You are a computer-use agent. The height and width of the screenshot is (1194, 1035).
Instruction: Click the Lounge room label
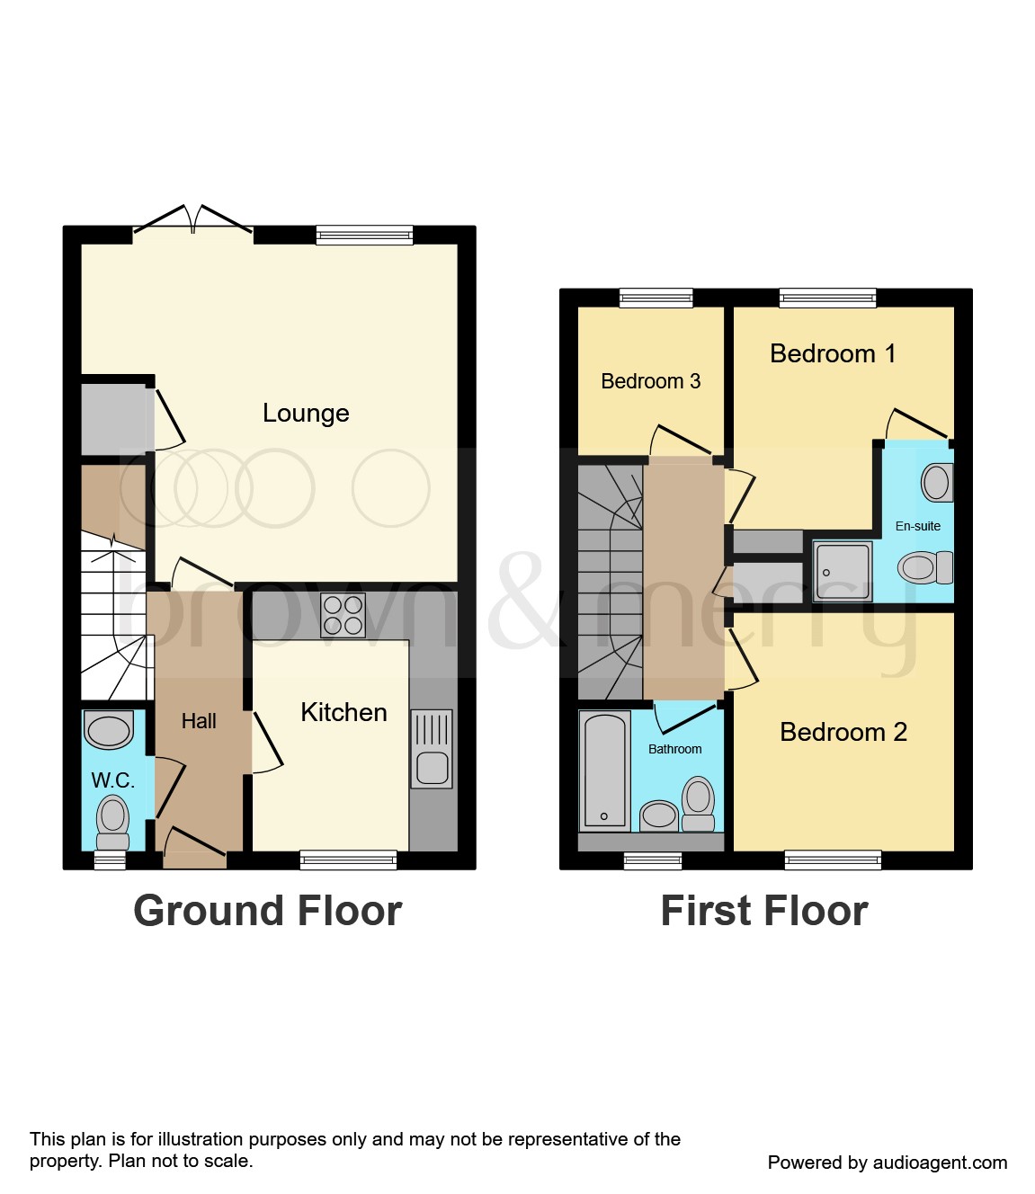pos(306,413)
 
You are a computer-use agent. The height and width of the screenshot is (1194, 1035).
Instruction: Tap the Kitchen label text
pos(344,712)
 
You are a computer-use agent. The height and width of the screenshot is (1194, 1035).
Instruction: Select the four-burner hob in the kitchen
pos(343,616)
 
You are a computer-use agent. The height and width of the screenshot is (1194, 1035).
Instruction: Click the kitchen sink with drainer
pos(432,749)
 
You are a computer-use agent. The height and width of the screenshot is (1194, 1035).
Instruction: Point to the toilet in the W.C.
pos(112,822)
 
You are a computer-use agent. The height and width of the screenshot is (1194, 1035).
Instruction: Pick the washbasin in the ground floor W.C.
pos(109,729)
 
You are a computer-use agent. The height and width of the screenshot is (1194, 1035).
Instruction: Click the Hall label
pos(199,721)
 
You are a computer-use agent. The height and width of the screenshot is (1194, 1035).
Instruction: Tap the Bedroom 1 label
pos(833,353)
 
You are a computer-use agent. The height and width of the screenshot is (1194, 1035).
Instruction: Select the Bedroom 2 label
pos(843,732)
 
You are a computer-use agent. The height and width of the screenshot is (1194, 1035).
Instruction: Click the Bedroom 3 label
pos(650,381)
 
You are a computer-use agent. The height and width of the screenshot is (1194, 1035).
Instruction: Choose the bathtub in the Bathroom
pos(604,771)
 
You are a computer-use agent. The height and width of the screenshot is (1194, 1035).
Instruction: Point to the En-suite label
pos(917,526)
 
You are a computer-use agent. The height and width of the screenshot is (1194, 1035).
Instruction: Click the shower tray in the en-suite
pos(843,571)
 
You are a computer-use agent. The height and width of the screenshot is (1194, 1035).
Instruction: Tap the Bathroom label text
pos(674,749)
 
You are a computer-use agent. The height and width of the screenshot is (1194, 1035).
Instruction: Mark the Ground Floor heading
pos(267,911)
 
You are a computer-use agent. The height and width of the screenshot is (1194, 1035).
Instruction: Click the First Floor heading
pos(763,911)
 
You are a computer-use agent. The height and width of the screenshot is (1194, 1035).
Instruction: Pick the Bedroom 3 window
pos(656,298)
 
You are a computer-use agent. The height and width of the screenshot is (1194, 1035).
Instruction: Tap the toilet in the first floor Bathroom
pos(699,805)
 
